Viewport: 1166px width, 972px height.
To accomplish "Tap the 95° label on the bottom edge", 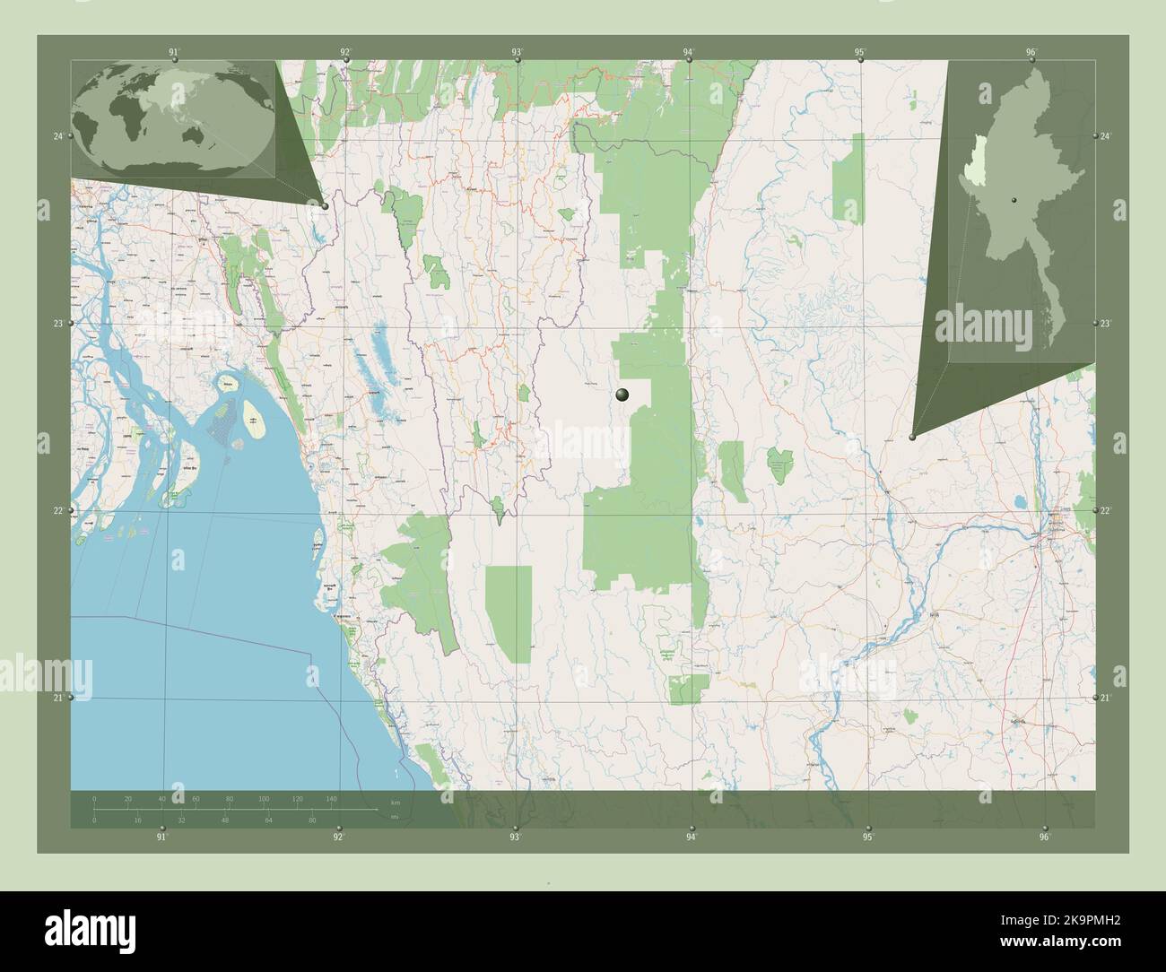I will pyautogui.click(x=867, y=837).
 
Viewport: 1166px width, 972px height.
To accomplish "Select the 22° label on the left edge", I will pyautogui.click(x=58, y=510).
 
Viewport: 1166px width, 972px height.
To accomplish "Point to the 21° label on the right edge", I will pyautogui.click(x=1106, y=698).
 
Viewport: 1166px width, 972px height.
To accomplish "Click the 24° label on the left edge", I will pyautogui.click(x=58, y=136).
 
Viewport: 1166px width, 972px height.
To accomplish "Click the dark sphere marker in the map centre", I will pyautogui.click(x=623, y=395).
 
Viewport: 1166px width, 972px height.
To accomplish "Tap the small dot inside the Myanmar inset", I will pyautogui.click(x=1013, y=199).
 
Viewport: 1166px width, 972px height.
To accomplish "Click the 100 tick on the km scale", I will pyautogui.click(x=264, y=798).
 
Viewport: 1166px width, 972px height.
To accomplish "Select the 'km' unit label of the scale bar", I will pyautogui.click(x=394, y=802).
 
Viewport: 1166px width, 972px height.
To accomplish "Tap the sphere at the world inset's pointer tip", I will pyautogui.click(x=325, y=206).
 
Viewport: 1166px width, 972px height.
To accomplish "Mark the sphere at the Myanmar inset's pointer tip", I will pyautogui.click(x=912, y=437).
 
